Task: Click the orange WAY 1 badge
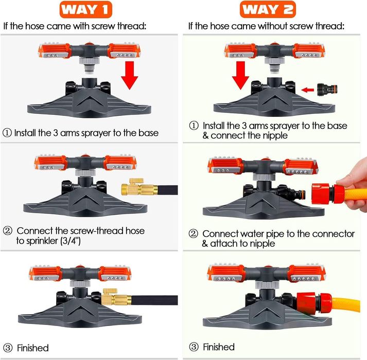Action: [86, 10]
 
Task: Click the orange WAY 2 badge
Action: [268, 10]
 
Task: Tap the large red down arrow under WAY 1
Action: [129, 75]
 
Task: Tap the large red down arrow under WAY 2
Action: [240, 75]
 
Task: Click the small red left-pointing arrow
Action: [308, 90]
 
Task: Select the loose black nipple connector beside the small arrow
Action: [327, 90]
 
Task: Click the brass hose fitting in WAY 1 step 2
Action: [139, 187]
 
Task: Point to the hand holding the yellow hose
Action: [353, 185]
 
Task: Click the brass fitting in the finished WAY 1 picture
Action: [116, 297]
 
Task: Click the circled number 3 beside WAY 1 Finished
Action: [8, 348]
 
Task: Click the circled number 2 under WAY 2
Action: [194, 233]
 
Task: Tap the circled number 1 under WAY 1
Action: [7, 133]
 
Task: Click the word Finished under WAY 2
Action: [219, 347]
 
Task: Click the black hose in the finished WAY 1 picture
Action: [154, 300]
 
